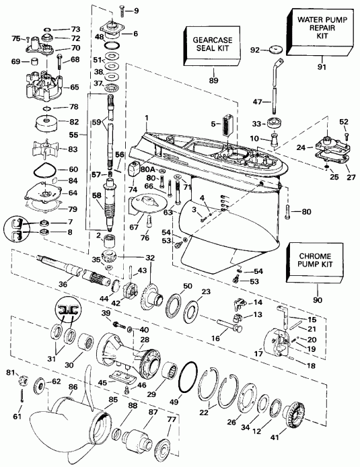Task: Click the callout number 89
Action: coord(214,79)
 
